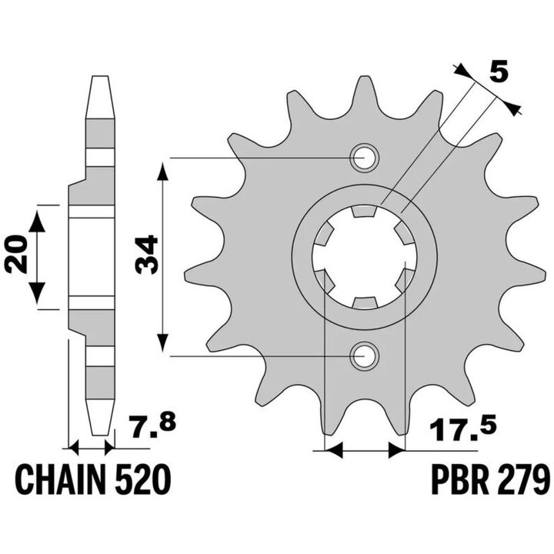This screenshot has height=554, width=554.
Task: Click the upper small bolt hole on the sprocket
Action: click(x=364, y=158)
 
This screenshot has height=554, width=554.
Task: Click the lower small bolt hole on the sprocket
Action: click(x=364, y=356)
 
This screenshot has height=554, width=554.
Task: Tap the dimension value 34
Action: click(x=146, y=255)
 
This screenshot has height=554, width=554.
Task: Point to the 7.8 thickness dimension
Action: click(x=152, y=427)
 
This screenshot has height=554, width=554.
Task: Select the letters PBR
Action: click(x=456, y=480)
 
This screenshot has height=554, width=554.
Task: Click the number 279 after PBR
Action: click(x=519, y=480)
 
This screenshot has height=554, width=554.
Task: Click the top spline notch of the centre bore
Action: click(x=364, y=211)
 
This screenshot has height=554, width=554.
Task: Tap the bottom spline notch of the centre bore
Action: click(x=364, y=303)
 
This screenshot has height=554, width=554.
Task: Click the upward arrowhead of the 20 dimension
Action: click(x=37, y=222)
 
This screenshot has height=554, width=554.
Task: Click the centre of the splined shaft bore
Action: click(x=364, y=257)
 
